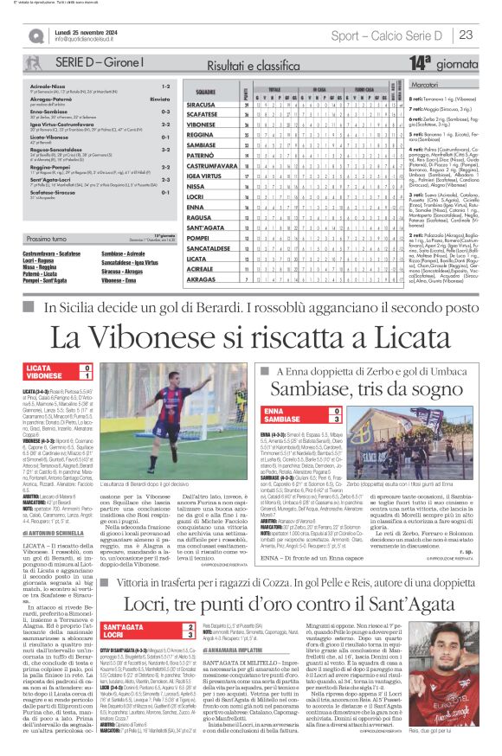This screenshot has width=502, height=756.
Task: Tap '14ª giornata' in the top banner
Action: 444,62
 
